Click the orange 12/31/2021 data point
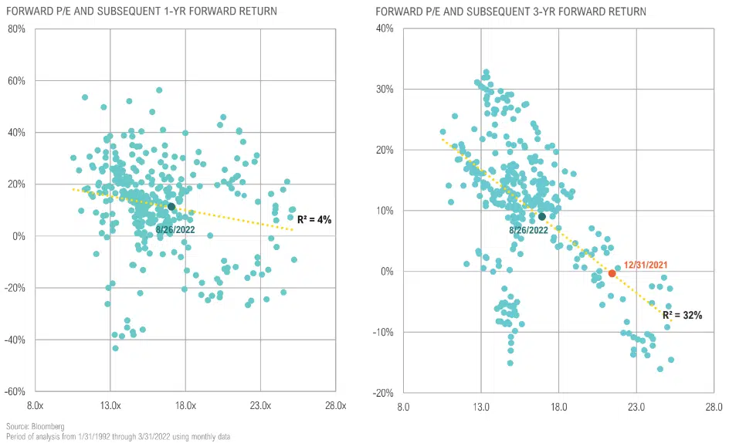click(612, 273)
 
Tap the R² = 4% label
click(314, 219)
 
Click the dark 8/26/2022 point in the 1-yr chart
click(171, 207)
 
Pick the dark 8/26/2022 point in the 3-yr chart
click(542, 217)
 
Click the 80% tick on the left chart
click(15, 29)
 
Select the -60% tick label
click(13, 391)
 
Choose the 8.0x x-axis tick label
click(35, 405)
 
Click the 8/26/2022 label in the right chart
click(528, 230)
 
